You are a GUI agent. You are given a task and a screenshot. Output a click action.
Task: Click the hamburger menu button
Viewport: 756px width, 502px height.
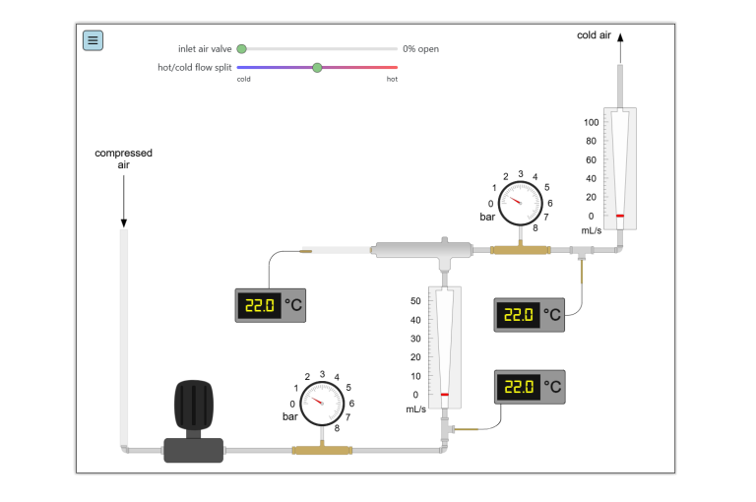(x=93, y=40)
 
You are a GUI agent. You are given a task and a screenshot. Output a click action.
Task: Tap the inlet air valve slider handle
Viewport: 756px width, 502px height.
(x=241, y=48)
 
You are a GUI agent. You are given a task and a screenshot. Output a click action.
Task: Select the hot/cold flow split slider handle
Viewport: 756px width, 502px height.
(x=317, y=67)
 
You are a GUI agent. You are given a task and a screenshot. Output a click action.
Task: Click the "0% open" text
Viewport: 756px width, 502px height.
(x=420, y=48)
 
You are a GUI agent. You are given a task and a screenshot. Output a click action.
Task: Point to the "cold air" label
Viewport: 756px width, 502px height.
(x=594, y=35)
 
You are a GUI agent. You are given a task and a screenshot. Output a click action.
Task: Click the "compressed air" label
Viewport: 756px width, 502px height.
(x=123, y=158)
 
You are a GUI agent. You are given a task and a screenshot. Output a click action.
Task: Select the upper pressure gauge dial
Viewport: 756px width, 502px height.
(x=520, y=204)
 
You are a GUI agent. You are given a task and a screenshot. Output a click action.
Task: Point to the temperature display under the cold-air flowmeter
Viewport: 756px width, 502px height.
(x=529, y=315)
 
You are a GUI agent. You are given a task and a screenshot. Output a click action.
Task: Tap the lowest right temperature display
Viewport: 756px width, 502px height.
(x=530, y=387)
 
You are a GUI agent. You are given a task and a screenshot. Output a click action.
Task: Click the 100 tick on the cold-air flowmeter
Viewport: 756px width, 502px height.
(x=592, y=123)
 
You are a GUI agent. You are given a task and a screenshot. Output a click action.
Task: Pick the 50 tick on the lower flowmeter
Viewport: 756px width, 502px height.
(x=415, y=301)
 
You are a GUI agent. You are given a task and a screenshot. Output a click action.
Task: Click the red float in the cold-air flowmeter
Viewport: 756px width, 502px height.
(x=620, y=216)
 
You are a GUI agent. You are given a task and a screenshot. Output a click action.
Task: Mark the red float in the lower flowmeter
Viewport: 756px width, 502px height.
(x=445, y=395)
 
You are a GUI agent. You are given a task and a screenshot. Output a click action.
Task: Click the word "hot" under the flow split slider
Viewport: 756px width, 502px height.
(x=392, y=79)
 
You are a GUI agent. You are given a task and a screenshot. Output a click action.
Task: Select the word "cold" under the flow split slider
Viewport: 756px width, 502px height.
(x=244, y=79)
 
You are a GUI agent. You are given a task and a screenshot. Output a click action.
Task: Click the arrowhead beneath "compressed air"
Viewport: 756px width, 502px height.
(x=123, y=222)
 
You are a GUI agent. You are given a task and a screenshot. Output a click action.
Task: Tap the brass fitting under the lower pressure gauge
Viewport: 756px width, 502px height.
(x=322, y=450)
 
